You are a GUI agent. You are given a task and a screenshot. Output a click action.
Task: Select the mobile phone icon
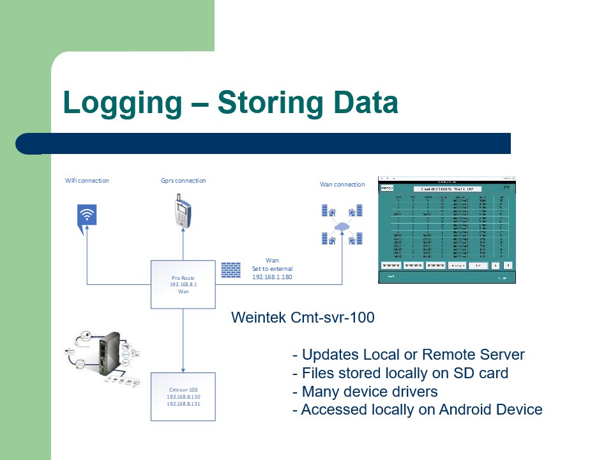click(x=183, y=210)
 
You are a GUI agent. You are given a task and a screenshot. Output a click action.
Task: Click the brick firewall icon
click(x=231, y=269)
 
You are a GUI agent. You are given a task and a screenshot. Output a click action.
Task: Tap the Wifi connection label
click(x=87, y=180)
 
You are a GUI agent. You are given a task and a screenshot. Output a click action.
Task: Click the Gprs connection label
click(x=183, y=180)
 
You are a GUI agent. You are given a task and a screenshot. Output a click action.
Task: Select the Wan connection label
click(x=342, y=185)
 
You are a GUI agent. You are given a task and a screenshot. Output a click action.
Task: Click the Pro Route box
click(x=183, y=284)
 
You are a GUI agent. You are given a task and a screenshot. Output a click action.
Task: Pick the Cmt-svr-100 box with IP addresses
click(x=183, y=396)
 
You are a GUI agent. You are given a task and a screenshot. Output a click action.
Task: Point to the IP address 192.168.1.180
click(x=272, y=277)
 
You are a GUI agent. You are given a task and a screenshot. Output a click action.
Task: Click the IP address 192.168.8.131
click(x=183, y=404)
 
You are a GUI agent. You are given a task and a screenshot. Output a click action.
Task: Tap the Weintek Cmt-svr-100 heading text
click(x=303, y=318)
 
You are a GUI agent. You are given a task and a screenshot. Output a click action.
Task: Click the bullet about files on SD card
click(x=400, y=372)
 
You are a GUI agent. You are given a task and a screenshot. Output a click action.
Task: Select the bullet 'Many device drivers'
click(x=365, y=391)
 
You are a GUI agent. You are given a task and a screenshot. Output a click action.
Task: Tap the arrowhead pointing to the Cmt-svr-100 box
click(x=183, y=369)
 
